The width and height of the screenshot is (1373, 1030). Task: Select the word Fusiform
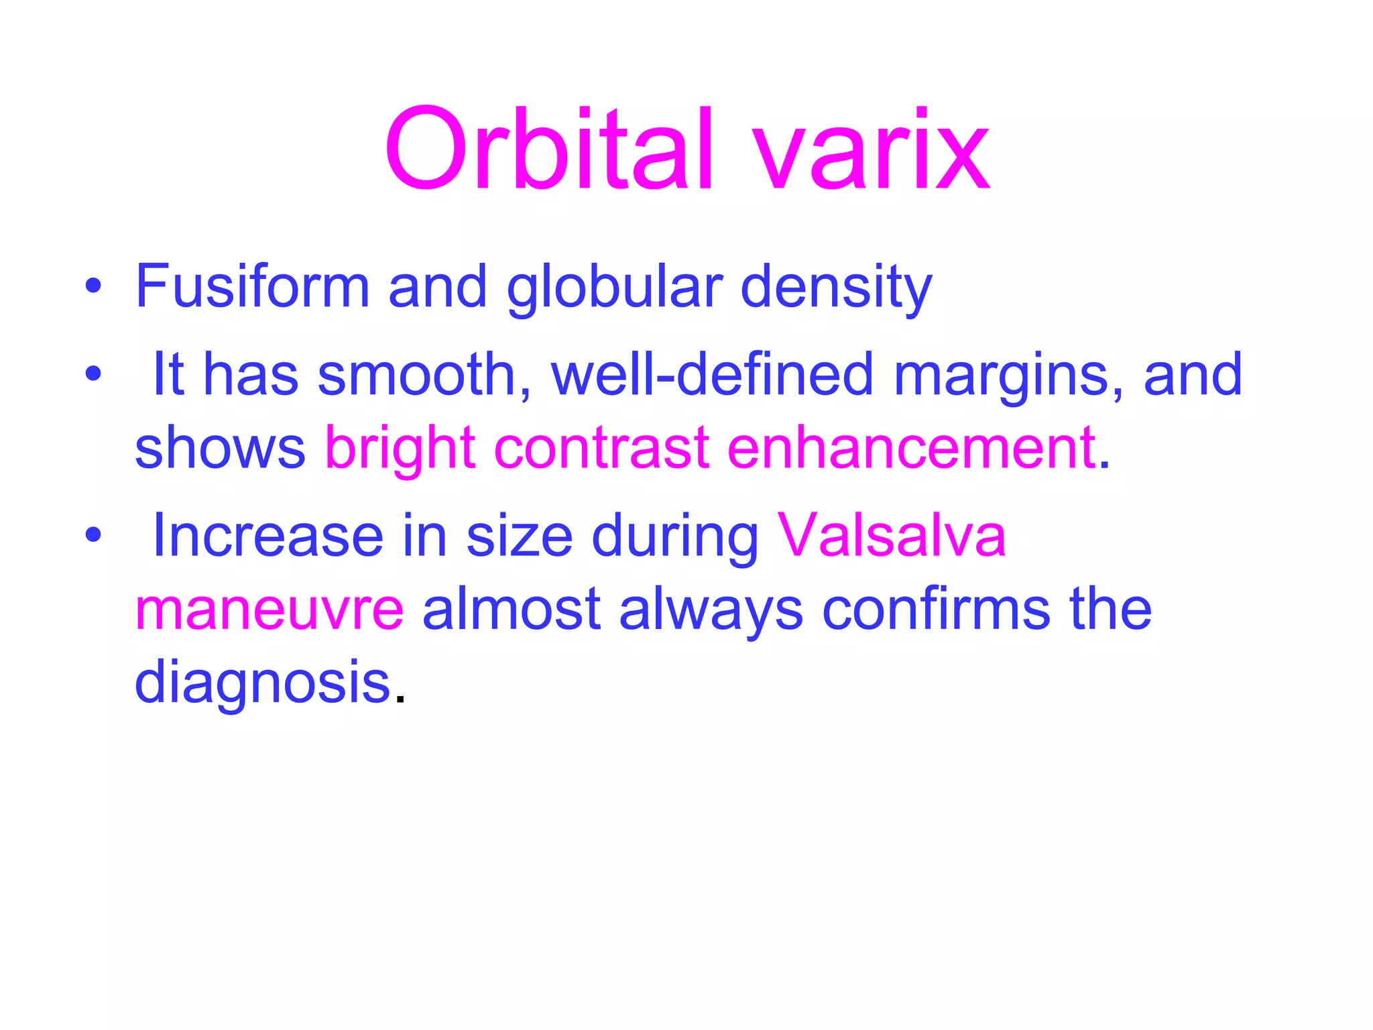[252, 287]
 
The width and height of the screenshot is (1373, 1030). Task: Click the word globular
[614, 287]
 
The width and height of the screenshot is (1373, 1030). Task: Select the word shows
[220, 448]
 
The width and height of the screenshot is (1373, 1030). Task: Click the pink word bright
[400, 448]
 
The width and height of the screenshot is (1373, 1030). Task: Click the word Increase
[268, 535]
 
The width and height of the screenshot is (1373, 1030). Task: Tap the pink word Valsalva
[892, 535]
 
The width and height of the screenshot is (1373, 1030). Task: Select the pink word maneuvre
[270, 609]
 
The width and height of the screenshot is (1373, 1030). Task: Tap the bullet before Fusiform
[93, 287]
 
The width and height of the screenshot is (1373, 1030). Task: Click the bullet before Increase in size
[93, 535]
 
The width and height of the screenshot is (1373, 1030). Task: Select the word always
[711, 609]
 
